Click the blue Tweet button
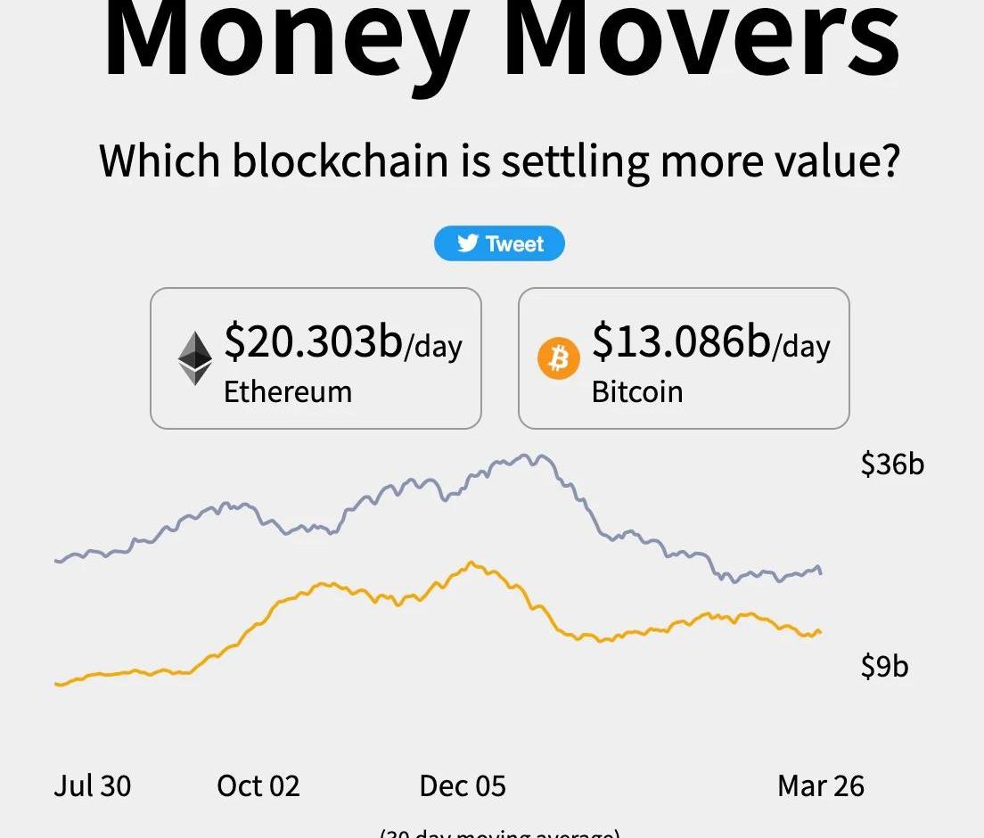(x=499, y=243)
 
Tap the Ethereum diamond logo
(x=195, y=358)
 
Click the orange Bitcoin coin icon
(x=559, y=358)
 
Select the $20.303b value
(x=313, y=341)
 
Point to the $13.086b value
(x=681, y=341)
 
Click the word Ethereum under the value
(x=287, y=391)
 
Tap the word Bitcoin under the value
(x=636, y=391)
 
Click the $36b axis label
(x=892, y=464)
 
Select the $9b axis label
(x=884, y=666)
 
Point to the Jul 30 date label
(x=93, y=785)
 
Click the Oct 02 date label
(x=258, y=785)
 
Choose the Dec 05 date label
(x=463, y=785)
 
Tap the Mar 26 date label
(x=821, y=785)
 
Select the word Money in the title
(x=285, y=40)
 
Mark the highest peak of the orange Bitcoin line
(x=471, y=563)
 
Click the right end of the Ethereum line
(x=820, y=572)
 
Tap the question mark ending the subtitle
(x=887, y=161)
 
